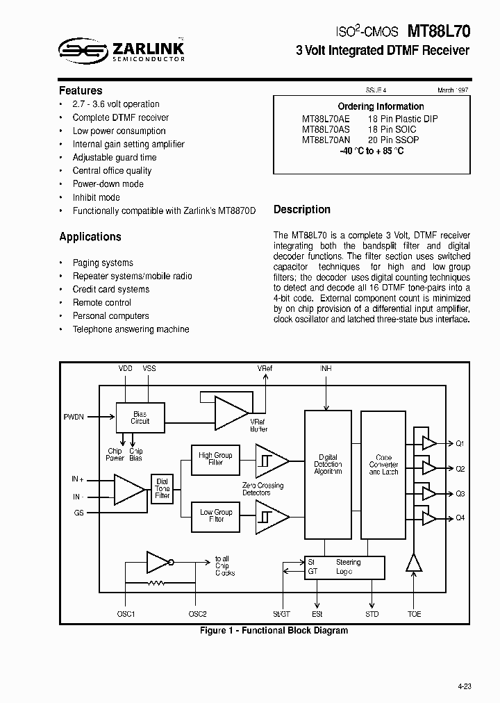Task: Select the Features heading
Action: pos(81,90)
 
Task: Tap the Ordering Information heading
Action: pos(381,106)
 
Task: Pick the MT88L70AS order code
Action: pos(326,129)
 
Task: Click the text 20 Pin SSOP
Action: pos(393,140)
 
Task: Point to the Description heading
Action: pos(302,209)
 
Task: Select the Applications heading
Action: pos(90,237)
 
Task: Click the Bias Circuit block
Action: pos(140,417)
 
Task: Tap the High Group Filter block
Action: pos(216,459)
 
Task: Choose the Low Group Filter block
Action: pos(216,515)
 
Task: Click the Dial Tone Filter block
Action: pos(162,488)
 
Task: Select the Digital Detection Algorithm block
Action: pos(328,464)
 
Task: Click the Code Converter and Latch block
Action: pos(383,465)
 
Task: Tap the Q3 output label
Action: pos(460,494)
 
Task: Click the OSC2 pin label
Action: pos(197,614)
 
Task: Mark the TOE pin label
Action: pos(415,614)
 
